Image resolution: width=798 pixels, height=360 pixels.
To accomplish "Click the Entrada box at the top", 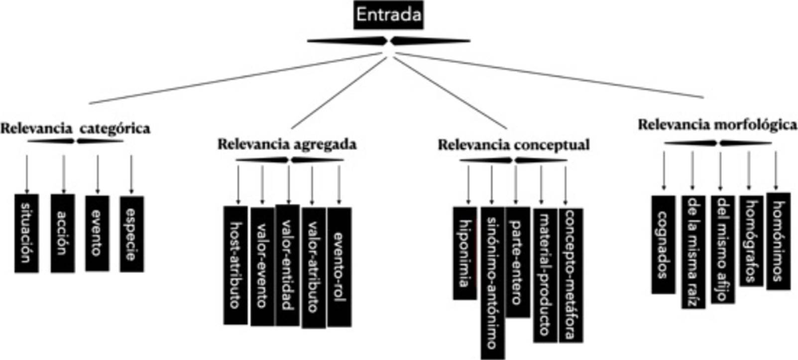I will point(389,15).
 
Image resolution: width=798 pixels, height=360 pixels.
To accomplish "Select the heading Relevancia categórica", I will point(75,128).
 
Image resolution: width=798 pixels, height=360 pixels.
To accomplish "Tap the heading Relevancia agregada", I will point(287,144).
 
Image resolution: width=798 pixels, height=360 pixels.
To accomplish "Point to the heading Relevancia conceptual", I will point(513,145).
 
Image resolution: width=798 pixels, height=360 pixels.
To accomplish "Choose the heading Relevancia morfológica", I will point(717,125).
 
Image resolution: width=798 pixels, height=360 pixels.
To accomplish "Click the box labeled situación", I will point(26,233).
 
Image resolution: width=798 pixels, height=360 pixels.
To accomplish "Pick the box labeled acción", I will point(63,233).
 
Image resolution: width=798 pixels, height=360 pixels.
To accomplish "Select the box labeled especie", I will point(131,234).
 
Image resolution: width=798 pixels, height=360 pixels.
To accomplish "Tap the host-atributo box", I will point(235,265).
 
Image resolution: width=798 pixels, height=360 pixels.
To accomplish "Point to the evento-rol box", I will point(339,267).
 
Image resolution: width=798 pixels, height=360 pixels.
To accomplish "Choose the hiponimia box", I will point(465,253).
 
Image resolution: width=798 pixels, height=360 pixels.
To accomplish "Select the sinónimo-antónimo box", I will point(492,283).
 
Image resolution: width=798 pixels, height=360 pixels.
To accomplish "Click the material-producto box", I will point(545,275).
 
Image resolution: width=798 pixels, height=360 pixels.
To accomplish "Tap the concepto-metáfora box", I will point(571,275).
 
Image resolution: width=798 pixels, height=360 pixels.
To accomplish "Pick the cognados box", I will point(664,244).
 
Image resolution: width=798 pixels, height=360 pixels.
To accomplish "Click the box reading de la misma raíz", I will point(693,252).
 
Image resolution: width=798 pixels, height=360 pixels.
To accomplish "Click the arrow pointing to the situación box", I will point(27,174).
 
